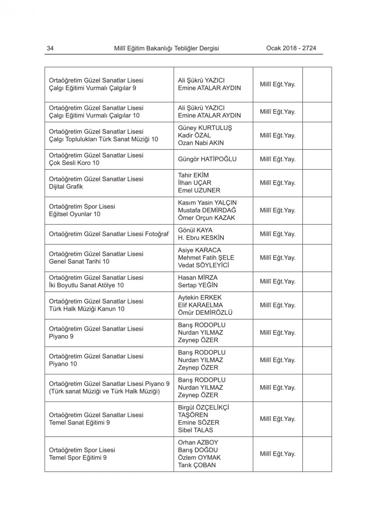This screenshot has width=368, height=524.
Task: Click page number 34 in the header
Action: [50, 48]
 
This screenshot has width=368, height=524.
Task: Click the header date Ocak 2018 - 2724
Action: [291, 48]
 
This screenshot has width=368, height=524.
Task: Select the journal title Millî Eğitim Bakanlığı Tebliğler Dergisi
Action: [166, 48]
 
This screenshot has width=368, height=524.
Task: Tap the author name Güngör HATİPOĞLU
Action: [207, 159]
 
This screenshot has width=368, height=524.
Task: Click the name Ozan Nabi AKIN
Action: [201, 143]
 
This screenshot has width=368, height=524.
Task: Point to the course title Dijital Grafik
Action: [66, 187]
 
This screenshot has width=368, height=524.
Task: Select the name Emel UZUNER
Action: [199, 191]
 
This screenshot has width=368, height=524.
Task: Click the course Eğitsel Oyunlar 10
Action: [74, 214]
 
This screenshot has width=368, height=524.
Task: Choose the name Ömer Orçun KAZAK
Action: [206, 218]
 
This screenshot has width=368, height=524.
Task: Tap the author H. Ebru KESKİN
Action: [201, 238]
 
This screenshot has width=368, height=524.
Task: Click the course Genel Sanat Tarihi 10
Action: [79, 262]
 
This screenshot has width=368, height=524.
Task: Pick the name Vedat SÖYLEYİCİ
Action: [204, 265]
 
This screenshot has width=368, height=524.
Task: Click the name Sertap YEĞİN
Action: [198, 285]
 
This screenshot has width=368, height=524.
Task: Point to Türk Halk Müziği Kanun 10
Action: [86, 309]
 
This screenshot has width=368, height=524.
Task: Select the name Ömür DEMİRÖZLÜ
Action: [205, 313]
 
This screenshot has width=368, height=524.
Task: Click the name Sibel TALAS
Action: [195, 430]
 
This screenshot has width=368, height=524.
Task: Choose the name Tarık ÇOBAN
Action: [197, 465]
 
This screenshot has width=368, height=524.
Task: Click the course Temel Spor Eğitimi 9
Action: [78, 458]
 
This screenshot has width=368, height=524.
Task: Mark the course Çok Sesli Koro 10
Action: [74, 163]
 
